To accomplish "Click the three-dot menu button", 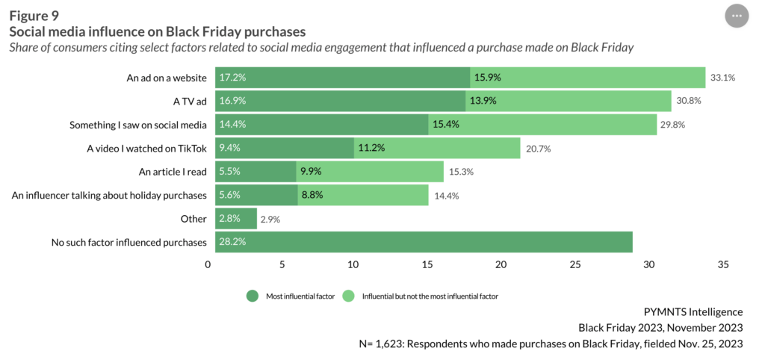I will (737, 16).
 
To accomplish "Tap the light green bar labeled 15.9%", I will (587, 77).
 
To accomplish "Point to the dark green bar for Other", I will (236, 219).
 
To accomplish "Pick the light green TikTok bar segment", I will (437, 148).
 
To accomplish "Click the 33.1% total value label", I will (722, 77).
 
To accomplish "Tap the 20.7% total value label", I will (538, 149).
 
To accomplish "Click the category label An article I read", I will (173, 172).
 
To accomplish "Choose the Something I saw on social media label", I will (138, 125).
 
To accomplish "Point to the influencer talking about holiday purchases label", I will (110, 196).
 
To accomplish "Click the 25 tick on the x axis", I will (574, 264).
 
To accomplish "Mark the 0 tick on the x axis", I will (208, 264).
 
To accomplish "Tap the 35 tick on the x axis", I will (722, 264).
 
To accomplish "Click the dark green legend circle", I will (252, 296).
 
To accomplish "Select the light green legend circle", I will (348, 296).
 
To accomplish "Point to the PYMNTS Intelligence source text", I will (693, 311).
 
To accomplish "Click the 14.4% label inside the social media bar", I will (231, 125).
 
